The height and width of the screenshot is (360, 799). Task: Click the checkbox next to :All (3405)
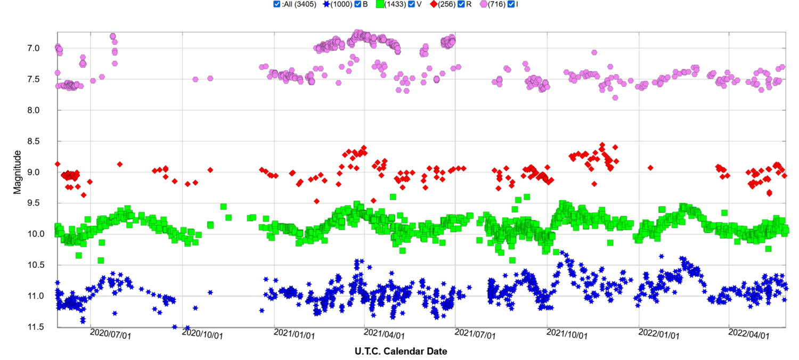click(x=276, y=4)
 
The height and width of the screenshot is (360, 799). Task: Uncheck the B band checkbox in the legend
click(x=357, y=4)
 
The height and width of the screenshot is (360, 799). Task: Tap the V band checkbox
click(x=411, y=4)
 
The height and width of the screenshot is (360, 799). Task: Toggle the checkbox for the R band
click(x=461, y=4)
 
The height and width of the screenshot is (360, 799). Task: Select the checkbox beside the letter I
click(x=511, y=4)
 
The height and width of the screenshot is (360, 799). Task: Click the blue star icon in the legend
click(x=326, y=4)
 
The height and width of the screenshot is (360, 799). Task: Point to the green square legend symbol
click(x=380, y=4)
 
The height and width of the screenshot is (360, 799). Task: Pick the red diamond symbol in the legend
click(x=434, y=4)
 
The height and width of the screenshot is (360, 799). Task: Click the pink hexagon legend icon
click(x=483, y=4)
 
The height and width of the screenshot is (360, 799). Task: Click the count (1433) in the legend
click(x=395, y=4)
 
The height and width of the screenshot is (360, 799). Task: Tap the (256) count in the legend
click(x=447, y=4)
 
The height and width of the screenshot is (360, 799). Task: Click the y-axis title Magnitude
click(x=18, y=171)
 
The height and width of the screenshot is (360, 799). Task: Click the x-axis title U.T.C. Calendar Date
click(x=401, y=351)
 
